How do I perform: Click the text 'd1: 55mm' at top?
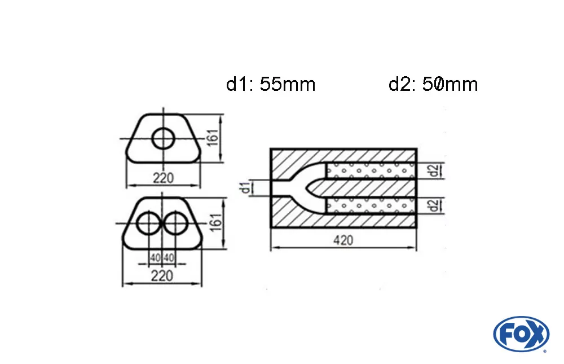(x=271, y=85)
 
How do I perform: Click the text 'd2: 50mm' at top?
(x=433, y=85)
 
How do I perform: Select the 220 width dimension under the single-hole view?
(x=163, y=178)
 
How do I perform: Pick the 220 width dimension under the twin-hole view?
(x=162, y=276)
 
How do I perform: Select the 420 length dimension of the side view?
(x=343, y=240)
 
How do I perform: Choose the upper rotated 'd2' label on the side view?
(x=432, y=170)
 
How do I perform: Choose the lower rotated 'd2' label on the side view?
(x=432, y=206)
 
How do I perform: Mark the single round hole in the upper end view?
(x=164, y=138)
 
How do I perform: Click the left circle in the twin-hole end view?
(x=149, y=223)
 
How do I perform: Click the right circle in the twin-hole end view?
(x=176, y=223)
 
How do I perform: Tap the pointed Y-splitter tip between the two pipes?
(x=307, y=188)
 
